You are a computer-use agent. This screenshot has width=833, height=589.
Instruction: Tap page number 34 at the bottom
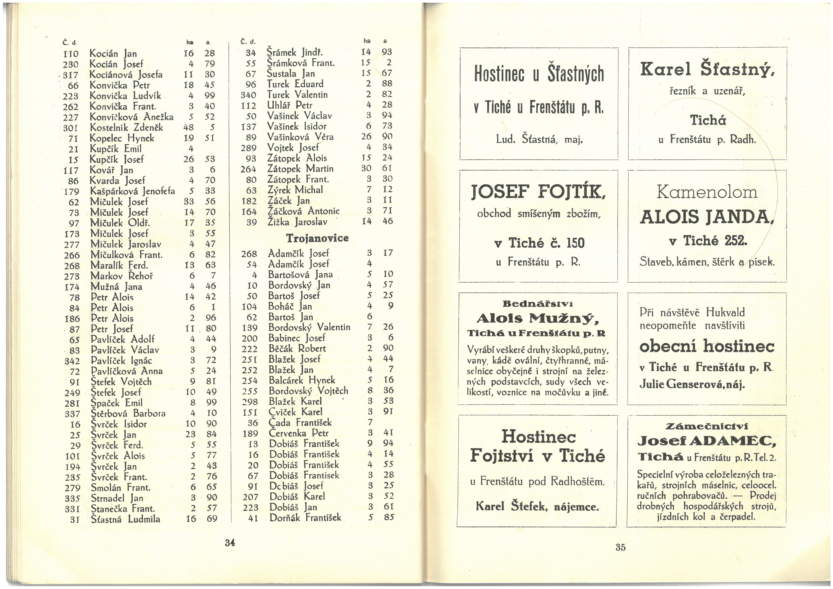(x=230, y=543)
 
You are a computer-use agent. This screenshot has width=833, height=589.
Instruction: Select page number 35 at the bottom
(x=620, y=547)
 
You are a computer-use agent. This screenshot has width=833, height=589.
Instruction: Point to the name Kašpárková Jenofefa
(x=132, y=191)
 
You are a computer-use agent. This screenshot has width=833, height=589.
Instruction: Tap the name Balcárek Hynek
(x=302, y=380)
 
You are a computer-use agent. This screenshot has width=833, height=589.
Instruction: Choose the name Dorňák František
(x=305, y=518)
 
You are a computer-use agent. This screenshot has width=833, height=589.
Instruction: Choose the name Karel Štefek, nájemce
(x=537, y=506)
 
